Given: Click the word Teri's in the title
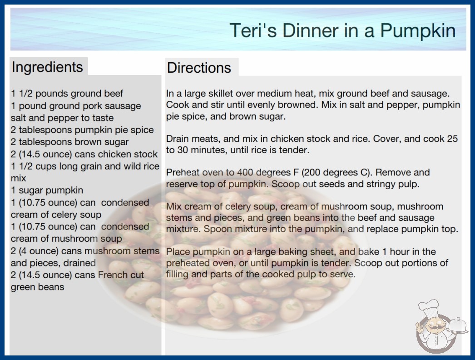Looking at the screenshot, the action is pos(253,30).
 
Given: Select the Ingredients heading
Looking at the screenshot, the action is pos(47,67).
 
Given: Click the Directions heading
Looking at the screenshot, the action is pos(199,68).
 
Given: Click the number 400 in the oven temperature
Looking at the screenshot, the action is pos(245,172).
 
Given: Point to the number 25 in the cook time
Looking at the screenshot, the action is pos(452,139).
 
